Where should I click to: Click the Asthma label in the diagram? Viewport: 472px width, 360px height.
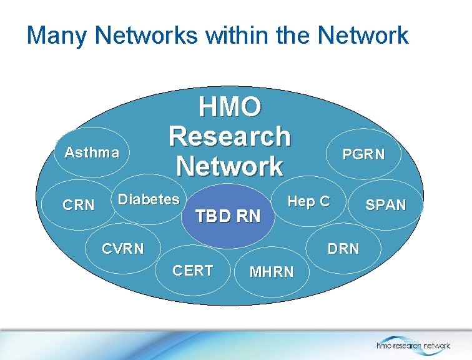(92, 153)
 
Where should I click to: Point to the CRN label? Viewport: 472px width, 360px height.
(79, 205)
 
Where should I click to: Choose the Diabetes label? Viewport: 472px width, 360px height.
(149, 199)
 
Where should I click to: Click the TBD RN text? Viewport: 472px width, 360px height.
(228, 217)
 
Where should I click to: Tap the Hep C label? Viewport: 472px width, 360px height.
(308, 201)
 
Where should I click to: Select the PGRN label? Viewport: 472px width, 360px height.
(364, 154)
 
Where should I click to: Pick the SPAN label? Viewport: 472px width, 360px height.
(386, 204)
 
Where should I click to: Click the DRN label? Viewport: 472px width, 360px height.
(344, 249)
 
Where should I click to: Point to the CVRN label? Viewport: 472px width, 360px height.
(122, 249)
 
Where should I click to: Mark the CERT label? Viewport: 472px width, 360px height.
(193, 271)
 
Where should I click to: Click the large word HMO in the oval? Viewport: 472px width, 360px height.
(230, 107)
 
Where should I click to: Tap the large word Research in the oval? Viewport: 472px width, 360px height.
(230, 136)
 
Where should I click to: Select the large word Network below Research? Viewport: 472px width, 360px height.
(230, 166)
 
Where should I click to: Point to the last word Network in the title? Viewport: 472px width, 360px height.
(363, 36)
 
